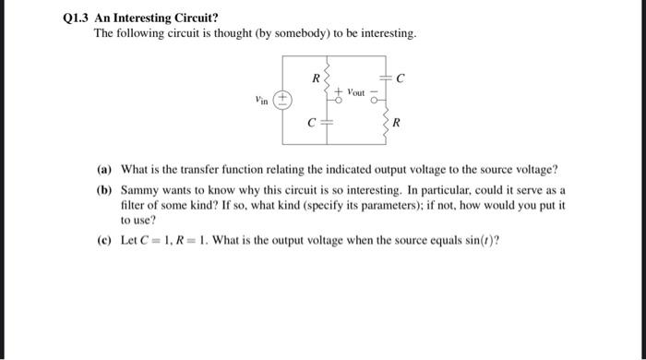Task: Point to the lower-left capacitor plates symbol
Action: [x=330, y=124]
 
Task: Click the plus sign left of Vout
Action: [x=340, y=91]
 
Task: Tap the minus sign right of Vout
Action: [x=377, y=92]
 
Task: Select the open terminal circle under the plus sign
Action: [x=340, y=102]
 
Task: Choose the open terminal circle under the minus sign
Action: [x=377, y=103]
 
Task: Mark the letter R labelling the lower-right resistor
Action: [x=397, y=124]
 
